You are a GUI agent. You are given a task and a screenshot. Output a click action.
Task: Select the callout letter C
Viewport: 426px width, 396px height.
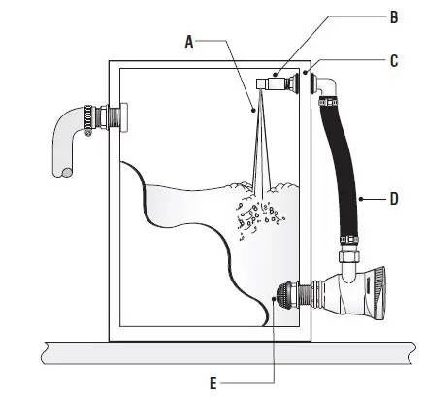pos(393,59)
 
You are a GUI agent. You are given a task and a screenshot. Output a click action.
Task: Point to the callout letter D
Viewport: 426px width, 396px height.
pos(393,199)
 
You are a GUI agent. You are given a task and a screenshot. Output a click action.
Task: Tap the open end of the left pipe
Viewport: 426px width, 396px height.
pos(60,171)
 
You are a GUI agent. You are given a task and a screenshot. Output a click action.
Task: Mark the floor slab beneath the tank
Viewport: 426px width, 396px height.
pos(213,351)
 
